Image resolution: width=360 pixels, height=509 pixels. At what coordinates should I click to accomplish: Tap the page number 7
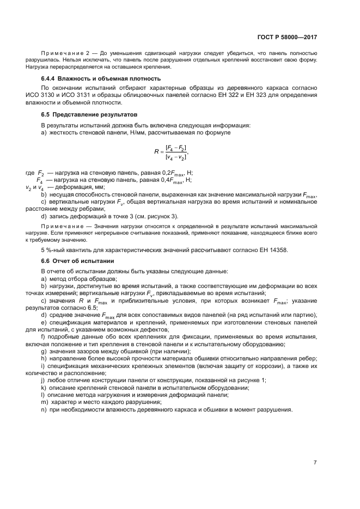pyautogui.click(x=315, y=463)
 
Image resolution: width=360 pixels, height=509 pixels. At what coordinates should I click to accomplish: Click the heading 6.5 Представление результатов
pyautogui.click(x=86, y=115)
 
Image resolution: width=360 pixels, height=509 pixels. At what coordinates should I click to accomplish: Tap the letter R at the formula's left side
pyautogui.click(x=156, y=152)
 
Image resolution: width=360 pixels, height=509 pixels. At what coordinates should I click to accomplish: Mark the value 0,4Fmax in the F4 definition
pyautogui.click(x=173, y=180)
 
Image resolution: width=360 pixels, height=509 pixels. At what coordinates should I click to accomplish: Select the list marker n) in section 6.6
pyautogui.click(x=44, y=409)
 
